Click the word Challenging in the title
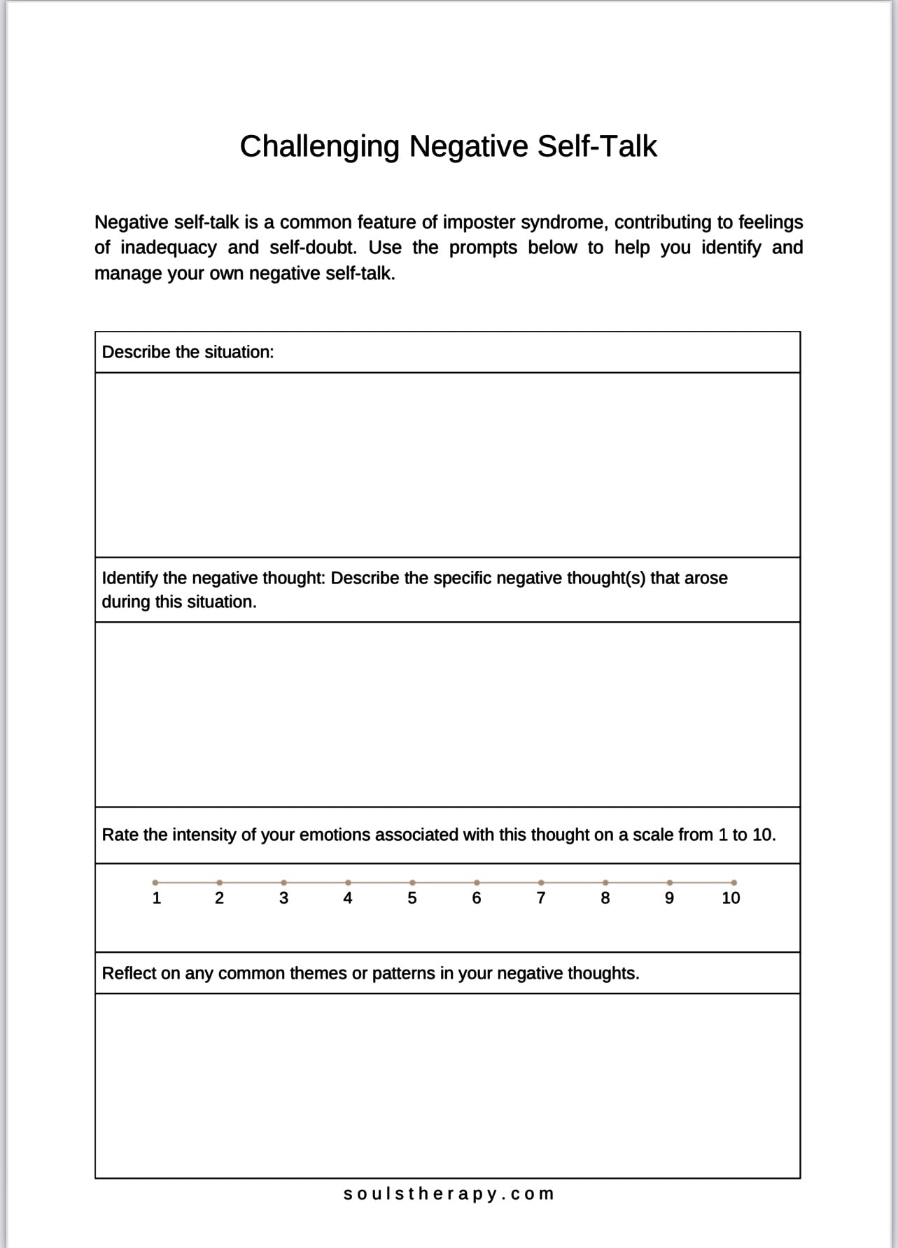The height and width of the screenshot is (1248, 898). (319, 147)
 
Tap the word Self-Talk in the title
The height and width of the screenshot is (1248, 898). (597, 146)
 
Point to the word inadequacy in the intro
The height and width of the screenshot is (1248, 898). (169, 248)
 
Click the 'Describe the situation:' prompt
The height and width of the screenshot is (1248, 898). (188, 352)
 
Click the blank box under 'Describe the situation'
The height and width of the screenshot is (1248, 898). (447, 465)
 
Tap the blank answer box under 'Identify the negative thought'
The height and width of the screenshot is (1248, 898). (447, 714)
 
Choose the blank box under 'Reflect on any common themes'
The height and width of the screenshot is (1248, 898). (447, 1085)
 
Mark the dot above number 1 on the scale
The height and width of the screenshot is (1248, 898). (155, 883)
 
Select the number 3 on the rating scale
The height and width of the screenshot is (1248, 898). (283, 898)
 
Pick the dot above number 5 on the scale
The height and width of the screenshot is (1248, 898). (412, 883)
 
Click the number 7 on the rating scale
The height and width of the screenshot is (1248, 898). (541, 898)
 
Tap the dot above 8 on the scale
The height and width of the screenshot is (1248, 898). (605, 883)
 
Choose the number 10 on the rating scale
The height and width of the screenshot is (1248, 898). (731, 898)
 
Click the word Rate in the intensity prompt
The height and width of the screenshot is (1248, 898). (120, 835)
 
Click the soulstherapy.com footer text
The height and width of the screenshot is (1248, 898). (449, 1193)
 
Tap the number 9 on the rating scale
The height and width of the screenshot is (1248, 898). (669, 898)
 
